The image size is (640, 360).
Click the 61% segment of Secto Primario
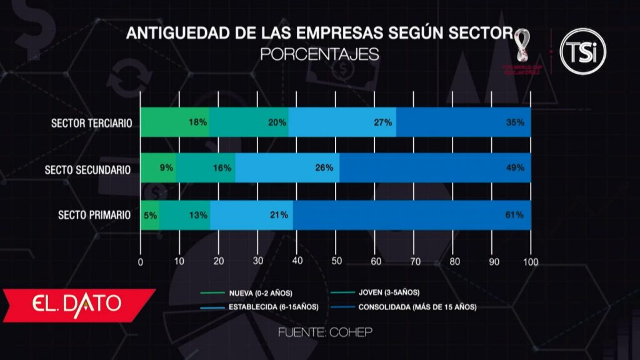pos(412,215)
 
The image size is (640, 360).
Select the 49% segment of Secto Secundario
pos(435,168)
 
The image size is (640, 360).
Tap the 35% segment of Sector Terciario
pos(463,122)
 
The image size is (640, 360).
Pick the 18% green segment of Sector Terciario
pos(175,122)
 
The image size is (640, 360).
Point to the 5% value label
pos(150,215)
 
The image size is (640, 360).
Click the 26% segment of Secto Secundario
pos(287,168)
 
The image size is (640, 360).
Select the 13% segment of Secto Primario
pos(185,215)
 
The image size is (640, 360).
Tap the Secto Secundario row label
pos(87,169)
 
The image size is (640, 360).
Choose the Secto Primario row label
pos(94,215)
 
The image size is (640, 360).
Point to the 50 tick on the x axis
pos(336,261)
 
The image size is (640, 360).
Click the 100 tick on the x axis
pos(531,261)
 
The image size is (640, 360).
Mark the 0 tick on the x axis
pos(141,261)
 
